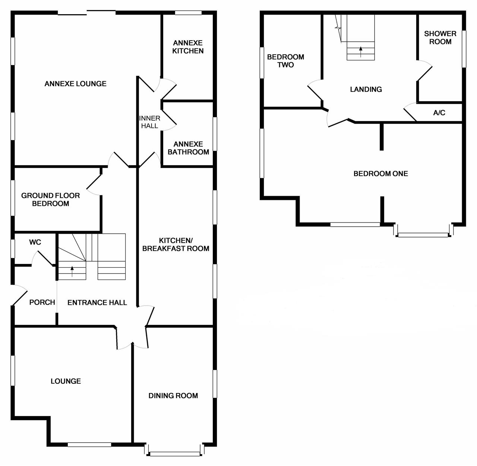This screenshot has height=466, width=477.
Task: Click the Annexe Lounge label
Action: pyautogui.click(x=75, y=84)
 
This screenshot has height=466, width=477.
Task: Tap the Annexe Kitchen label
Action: pyautogui.click(x=188, y=47)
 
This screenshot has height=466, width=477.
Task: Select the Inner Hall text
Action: pyautogui.click(x=149, y=122)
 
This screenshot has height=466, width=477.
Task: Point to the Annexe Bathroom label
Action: pyautogui.click(x=188, y=148)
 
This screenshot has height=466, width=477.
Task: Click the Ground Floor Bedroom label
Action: pyautogui.click(x=50, y=200)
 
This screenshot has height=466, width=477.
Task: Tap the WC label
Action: pyautogui.click(x=35, y=242)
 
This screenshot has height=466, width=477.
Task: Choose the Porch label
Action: pyautogui.click(x=42, y=302)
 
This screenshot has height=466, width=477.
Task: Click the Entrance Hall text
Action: pyautogui.click(x=97, y=303)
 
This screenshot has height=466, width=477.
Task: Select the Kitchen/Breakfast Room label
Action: pyautogui.click(x=176, y=245)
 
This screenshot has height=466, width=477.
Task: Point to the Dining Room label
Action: pyautogui.click(x=173, y=395)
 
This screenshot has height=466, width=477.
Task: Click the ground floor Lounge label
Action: pyautogui.click(x=66, y=381)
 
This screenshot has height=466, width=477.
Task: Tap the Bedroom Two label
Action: pyautogui.click(x=285, y=61)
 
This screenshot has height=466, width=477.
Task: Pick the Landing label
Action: pyautogui.click(x=366, y=89)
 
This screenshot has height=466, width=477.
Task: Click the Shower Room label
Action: pyautogui.click(x=440, y=38)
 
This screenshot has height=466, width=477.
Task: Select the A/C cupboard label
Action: pyautogui.click(x=439, y=112)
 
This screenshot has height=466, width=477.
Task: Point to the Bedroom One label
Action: pyautogui.click(x=380, y=173)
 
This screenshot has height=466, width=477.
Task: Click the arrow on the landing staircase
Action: pyautogui.click(x=360, y=51)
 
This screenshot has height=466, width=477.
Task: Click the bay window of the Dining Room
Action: pyautogui.click(x=174, y=454)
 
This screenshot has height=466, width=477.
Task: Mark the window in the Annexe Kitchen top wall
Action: pyautogui.click(x=188, y=13)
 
